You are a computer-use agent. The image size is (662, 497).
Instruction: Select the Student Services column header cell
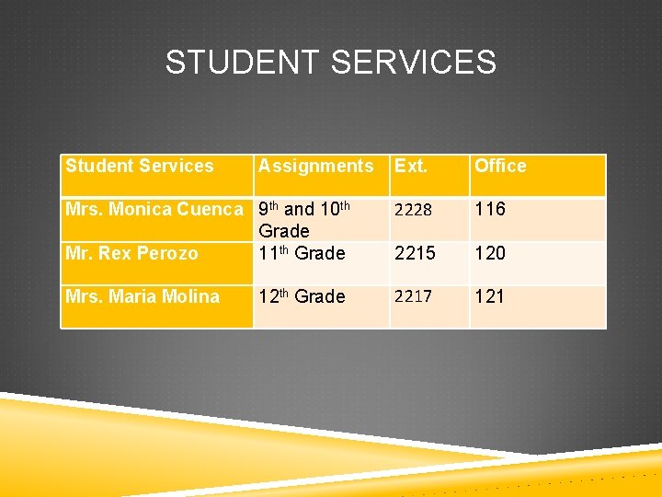click(140, 167)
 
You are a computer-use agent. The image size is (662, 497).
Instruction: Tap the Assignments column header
click(316, 167)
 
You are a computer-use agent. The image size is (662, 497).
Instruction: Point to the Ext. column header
click(411, 167)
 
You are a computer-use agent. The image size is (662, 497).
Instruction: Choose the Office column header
click(500, 167)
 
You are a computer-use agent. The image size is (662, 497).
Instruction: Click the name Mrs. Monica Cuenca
click(154, 210)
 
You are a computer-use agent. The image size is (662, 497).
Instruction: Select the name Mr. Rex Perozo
click(131, 253)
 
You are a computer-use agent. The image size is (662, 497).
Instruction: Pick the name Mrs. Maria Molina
click(143, 296)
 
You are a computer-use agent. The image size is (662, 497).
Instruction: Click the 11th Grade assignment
click(302, 253)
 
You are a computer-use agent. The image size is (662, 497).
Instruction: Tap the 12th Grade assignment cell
click(302, 296)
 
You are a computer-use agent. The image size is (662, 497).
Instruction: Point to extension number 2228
click(413, 211)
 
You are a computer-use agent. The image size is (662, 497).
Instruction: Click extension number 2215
click(413, 253)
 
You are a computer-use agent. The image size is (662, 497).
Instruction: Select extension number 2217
click(413, 297)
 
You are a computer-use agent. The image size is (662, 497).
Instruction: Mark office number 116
click(490, 210)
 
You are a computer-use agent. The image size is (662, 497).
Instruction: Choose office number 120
click(490, 253)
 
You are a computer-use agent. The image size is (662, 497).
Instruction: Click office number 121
click(490, 296)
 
